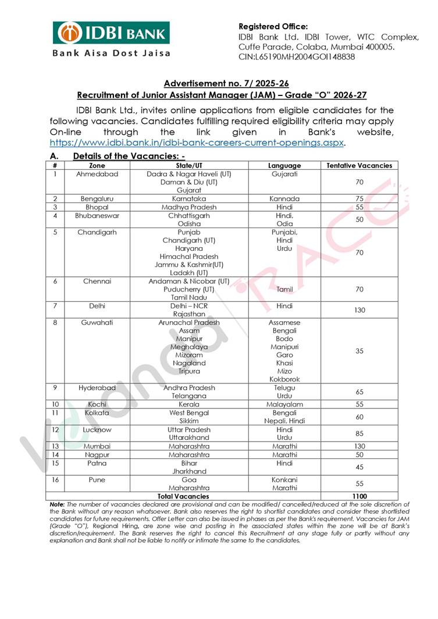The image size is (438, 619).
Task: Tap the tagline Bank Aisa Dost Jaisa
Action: (112, 53)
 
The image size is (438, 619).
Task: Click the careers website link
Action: (198, 142)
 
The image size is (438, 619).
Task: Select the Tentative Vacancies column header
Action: (359, 165)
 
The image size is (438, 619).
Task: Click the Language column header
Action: (284, 165)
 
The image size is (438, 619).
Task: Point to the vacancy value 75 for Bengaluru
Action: (359, 199)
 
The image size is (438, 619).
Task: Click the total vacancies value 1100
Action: (359, 496)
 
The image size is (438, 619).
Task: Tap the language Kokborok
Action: (284, 379)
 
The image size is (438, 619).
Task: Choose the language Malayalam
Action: (284, 404)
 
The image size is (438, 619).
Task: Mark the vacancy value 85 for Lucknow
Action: (359, 433)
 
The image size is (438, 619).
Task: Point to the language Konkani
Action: (284, 480)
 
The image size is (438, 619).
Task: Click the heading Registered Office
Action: (273, 26)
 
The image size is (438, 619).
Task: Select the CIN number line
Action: (297, 57)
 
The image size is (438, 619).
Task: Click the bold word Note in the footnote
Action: (57, 504)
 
